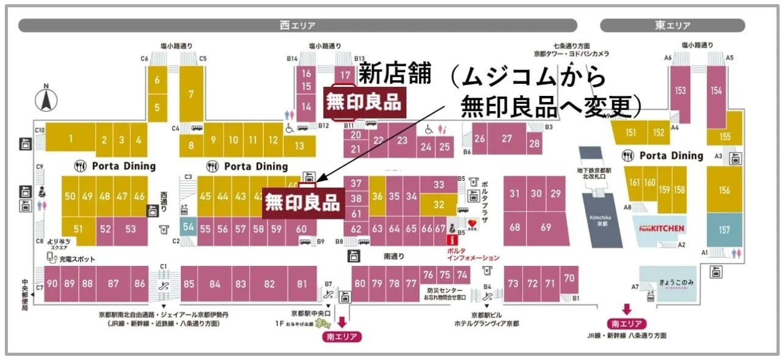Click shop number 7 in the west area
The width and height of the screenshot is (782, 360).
(x=191, y=95)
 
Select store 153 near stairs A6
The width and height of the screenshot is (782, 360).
(x=680, y=90)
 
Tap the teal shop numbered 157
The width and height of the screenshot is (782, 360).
(x=724, y=230)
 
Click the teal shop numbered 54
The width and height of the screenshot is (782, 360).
(x=188, y=227)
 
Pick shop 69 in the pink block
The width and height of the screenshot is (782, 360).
(x=545, y=227)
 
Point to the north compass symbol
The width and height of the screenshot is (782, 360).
(x=45, y=100)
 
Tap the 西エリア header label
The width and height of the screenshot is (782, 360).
(x=298, y=26)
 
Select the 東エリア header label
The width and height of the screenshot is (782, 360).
(x=673, y=26)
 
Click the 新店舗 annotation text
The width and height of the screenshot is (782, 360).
(x=394, y=75)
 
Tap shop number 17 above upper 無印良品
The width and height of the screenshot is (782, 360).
(x=346, y=75)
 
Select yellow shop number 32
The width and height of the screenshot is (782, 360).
(x=439, y=205)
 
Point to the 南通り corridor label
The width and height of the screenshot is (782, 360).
(x=394, y=257)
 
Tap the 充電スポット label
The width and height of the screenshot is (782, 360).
(x=76, y=259)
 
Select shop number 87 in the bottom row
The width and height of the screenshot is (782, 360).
(x=113, y=284)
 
